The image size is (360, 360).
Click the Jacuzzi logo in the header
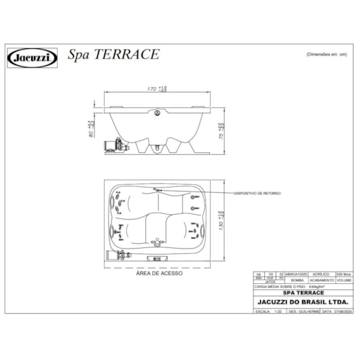33,57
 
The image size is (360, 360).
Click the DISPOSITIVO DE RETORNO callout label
256,193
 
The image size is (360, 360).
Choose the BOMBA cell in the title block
296,279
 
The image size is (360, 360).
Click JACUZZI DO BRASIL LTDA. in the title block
302,302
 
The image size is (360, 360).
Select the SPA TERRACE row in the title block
302,293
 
